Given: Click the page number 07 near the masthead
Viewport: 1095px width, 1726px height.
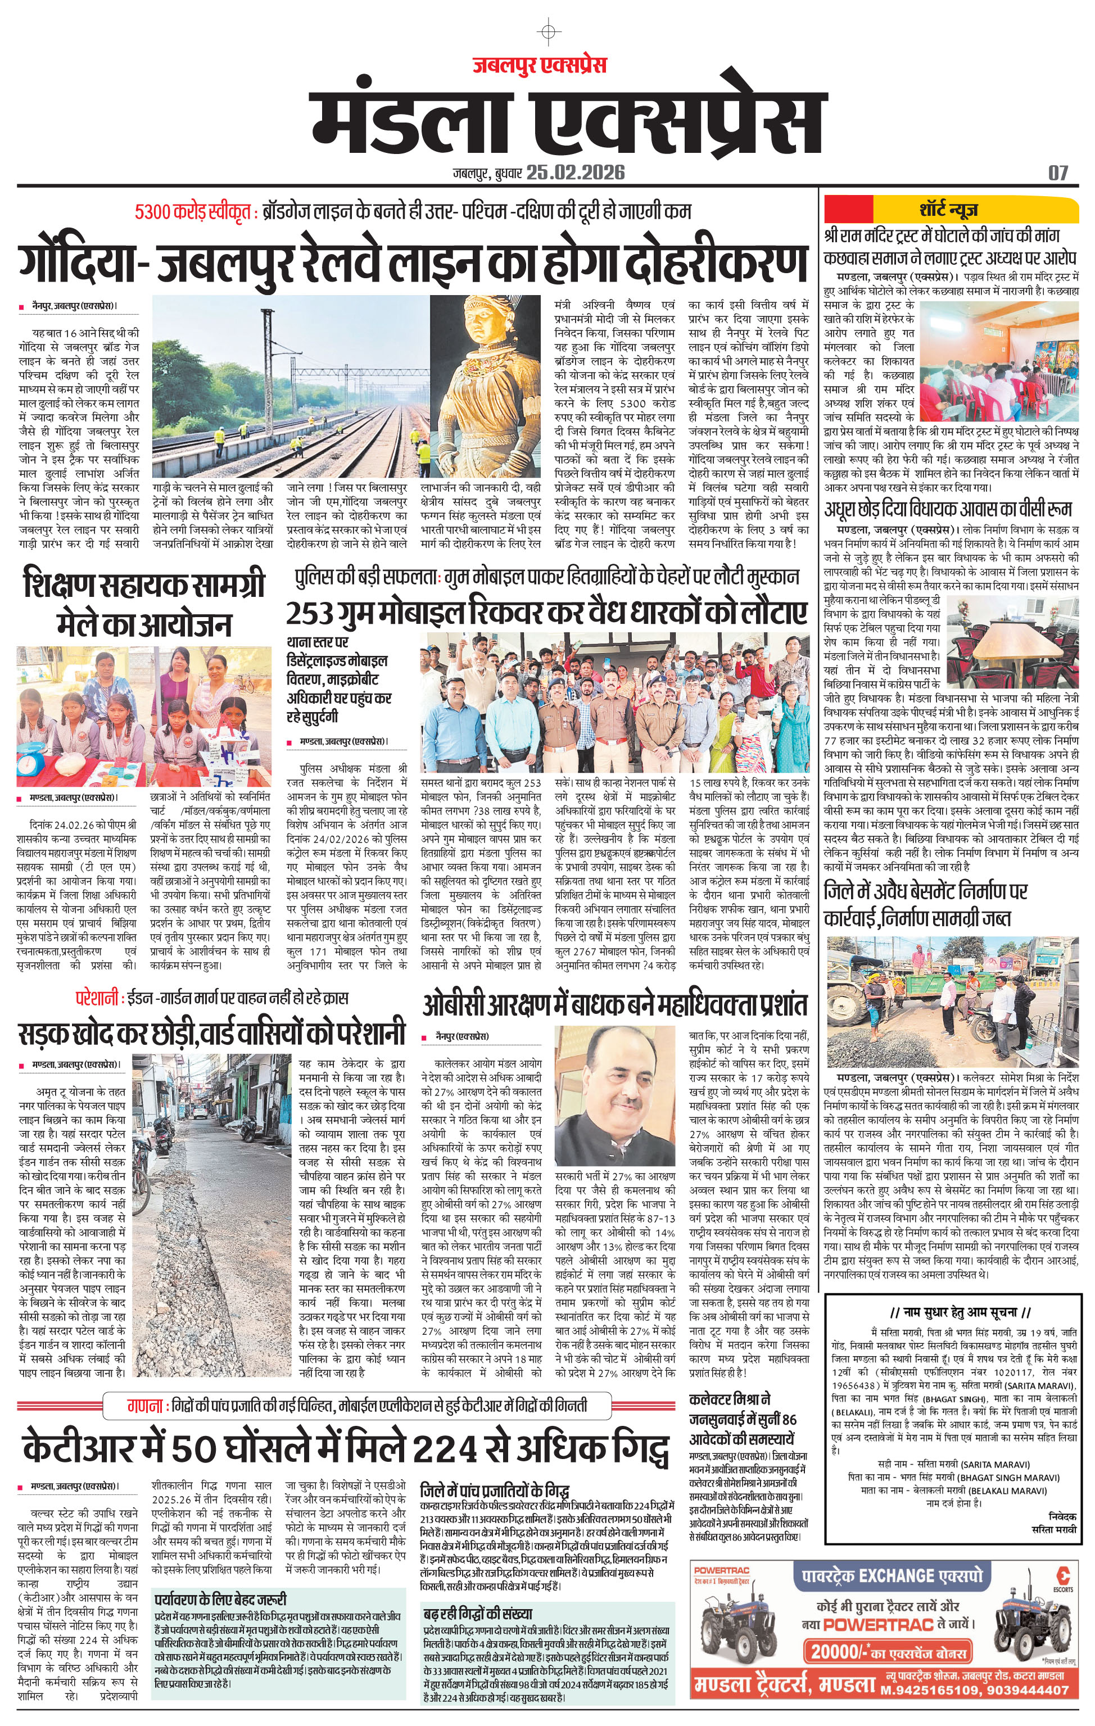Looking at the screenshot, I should (x=1058, y=172).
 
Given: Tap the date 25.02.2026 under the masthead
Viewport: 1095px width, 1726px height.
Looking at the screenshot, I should (x=575, y=172).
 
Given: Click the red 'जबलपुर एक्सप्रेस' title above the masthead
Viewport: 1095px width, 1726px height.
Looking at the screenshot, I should (x=539, y=65).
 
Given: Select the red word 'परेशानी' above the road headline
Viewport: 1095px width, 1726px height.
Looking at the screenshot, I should (x=96, y=998).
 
